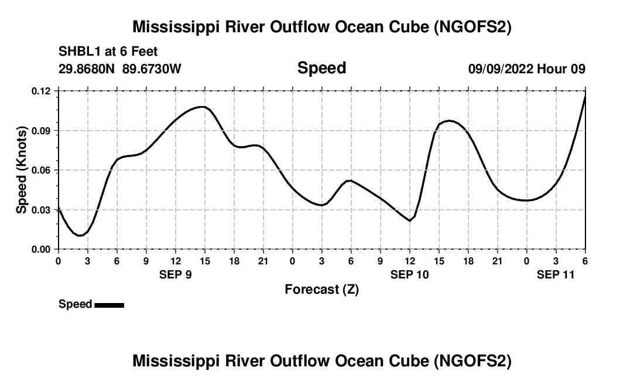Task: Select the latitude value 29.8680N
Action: pos(87,69)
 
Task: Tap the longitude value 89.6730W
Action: pos(152,69)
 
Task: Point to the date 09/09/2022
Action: pos(501,69)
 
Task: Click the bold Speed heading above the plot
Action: pos(321,68)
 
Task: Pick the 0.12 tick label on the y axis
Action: pos(41,91)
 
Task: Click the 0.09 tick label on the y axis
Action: pos(41,131)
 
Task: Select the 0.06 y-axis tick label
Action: pos(41,170)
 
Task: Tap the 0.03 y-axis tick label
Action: pos(41,210)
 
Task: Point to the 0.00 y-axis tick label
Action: pos(41,249)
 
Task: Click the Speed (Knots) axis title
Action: pos(22,170)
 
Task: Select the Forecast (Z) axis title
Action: pos(321,289)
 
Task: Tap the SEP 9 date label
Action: pos(176,274)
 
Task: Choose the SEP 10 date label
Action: pos(410,274)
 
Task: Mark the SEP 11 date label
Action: pos(556,274)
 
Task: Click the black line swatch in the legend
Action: pos(109,305)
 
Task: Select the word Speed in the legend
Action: pos(75,304)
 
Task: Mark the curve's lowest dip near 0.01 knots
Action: pos(80,235)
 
